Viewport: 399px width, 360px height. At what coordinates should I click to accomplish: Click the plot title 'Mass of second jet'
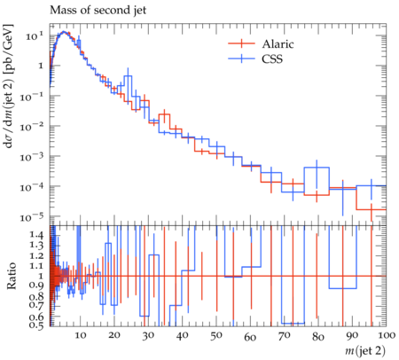pos(98,10)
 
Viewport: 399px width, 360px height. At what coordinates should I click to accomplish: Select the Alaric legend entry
pos(261,43)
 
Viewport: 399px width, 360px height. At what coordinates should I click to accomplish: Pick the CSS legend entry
pos(255,59)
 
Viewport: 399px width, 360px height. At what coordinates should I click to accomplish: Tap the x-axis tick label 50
pos(216,335)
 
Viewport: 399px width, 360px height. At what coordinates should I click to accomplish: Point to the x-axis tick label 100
pos(387,335)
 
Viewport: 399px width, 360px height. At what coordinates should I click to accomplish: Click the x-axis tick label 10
pos(81,335)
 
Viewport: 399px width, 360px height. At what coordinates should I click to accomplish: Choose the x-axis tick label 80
pos(318,336)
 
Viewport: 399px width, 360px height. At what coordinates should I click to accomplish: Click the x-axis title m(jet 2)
pos(365,351)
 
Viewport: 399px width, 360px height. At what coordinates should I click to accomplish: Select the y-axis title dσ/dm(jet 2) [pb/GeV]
pos(8,86)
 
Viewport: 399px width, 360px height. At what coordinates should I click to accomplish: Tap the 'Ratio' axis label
pos(11,276)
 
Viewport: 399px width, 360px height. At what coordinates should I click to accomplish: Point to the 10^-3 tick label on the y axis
pos(31,157)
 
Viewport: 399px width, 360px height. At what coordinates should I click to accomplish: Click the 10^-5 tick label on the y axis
pos(31,217)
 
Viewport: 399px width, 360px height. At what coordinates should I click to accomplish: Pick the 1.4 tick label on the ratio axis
pos(36,235)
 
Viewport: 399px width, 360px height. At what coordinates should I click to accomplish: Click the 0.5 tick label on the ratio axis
pos(36,325)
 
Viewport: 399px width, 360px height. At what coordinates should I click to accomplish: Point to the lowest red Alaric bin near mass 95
pos(372,209)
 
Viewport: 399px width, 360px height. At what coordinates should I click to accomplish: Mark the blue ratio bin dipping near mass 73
pos(293,323)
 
